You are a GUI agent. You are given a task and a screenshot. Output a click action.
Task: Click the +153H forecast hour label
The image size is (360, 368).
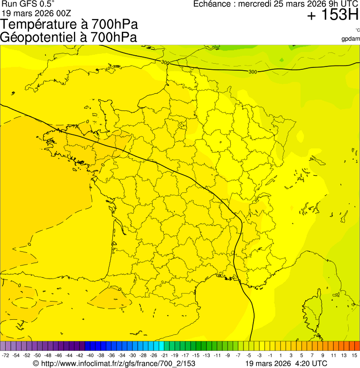tap(332, 15)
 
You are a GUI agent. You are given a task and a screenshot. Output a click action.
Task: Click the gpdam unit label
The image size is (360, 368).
tap(351, 38)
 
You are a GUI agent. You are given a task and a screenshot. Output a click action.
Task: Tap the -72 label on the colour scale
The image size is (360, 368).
tap(6, 356)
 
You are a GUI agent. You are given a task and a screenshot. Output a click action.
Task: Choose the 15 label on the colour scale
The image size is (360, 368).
tap(354, 356)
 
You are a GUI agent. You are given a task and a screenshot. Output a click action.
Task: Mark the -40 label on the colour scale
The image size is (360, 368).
tap(90, 356)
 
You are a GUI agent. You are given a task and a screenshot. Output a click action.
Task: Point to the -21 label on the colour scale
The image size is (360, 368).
tap(164, 356)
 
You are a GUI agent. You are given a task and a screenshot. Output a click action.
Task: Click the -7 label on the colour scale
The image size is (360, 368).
tap(238, 356)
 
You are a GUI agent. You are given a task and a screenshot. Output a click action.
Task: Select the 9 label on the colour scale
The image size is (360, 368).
tap(323, 356)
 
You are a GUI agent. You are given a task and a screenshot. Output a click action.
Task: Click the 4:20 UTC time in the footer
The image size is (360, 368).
tap(310, 363)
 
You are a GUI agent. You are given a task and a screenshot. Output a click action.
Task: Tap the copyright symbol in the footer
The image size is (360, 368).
tap(36, 363)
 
